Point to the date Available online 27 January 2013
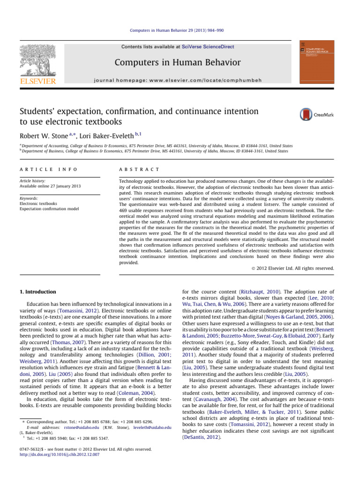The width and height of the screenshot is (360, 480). [x=50, y=187]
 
